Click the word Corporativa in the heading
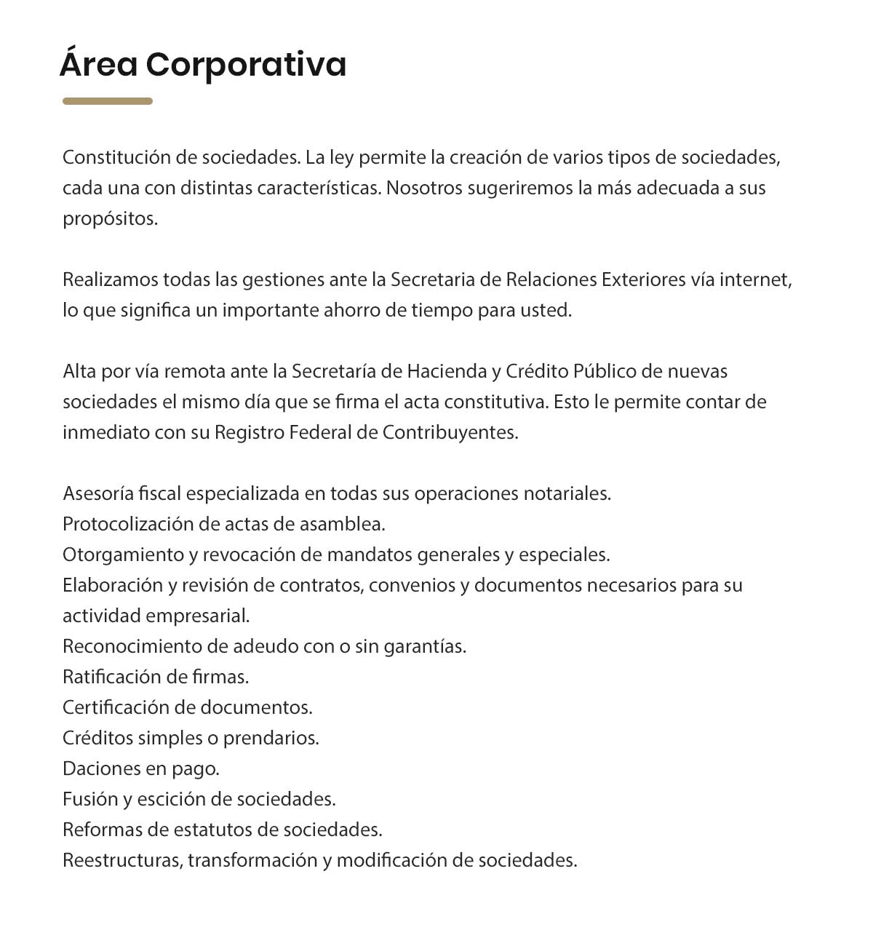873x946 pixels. tap(246, 65)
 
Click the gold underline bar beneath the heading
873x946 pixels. tap(107, 101)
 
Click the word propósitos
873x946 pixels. tap(110, 219)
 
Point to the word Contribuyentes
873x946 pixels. tap(450, 432)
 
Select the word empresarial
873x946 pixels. tap(197, 616)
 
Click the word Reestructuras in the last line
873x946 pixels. tap(121, 860)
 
